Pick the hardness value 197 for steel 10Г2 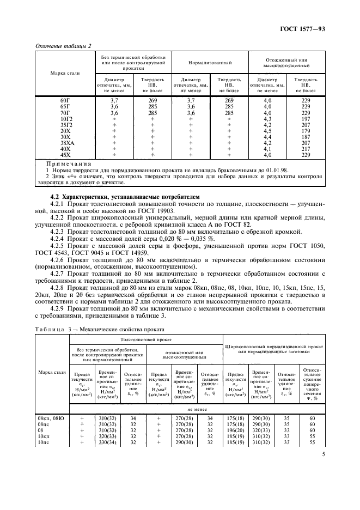tap(305, 118)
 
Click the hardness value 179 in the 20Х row tap(305, 130)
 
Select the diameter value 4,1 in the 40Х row tap(267, 148)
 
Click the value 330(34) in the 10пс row tap(106, 443)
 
